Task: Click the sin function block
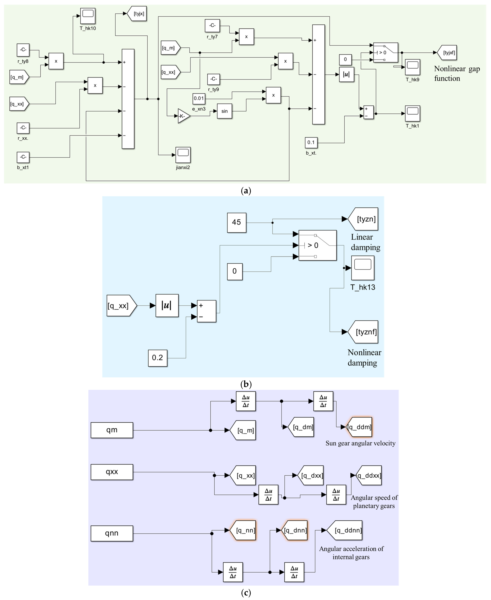(x=225, y=111)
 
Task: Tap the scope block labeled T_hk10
(x=88, y=16)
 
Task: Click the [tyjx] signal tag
(x=137, y=13)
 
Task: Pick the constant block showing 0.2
(x=157, y=358)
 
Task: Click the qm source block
(x=112, y=430)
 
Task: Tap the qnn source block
(x=112, y=533)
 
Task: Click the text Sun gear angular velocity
(x=360, y=443)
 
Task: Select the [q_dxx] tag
(x=310, y=475)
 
